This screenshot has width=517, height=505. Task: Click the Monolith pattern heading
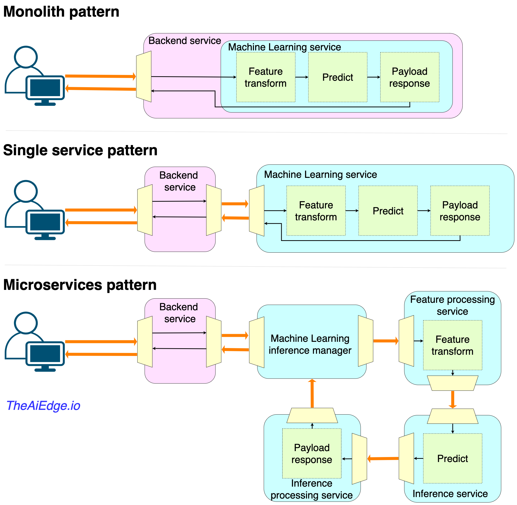pos(61,12)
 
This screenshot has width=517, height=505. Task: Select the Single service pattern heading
pos(80,151)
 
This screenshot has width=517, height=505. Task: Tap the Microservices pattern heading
pos(80,285)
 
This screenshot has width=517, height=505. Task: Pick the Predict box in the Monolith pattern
pos(338,78)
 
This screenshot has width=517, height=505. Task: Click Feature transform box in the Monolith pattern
pos(266,78)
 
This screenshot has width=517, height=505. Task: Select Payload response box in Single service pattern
pos(460,211)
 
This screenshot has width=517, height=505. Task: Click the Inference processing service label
pos(312,490)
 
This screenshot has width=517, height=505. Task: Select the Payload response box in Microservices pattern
pos(312,454)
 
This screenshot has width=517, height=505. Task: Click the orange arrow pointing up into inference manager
pos(312,394)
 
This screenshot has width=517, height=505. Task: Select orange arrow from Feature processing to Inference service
pos(453,399)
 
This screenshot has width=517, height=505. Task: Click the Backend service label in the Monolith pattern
pos(185,41)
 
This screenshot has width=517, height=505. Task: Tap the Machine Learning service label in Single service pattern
pos(321,175)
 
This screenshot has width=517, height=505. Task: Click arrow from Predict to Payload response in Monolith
pos(374,77)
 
